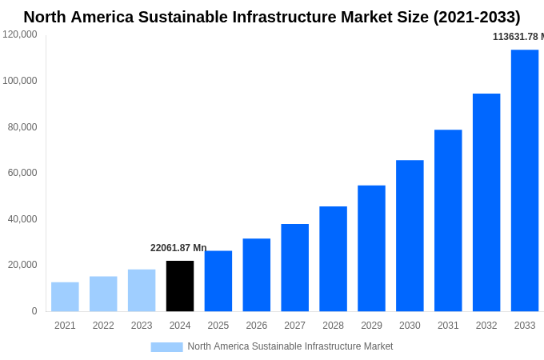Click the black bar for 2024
180,286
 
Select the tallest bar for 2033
525,180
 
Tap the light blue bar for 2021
65,296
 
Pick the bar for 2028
333,258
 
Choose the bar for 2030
410,235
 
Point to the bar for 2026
257,274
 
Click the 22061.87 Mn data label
178,248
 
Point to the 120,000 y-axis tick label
20,34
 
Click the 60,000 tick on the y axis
22,173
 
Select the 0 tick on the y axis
34,311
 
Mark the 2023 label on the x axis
142,326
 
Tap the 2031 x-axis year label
448,326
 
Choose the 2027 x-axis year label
294,326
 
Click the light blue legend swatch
166,346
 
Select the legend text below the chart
290,346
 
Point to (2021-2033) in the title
477,17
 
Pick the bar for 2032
486,202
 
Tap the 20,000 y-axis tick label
22,265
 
